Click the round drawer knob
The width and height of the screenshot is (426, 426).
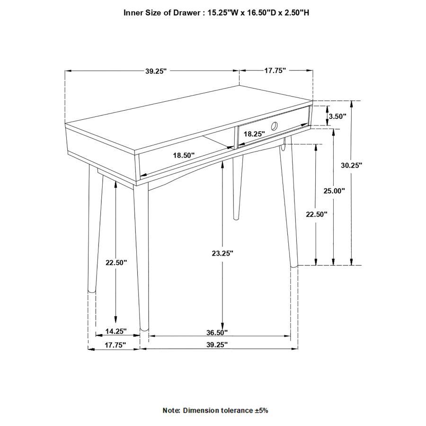point(274,125)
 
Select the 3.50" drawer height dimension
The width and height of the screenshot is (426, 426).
point(337,116)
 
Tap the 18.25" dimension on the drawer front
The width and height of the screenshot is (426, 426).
point(254,134)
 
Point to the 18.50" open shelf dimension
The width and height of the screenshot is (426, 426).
point(184,155)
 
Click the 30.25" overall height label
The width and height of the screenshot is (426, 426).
point(351,165)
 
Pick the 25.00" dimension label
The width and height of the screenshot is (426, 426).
point(334,191)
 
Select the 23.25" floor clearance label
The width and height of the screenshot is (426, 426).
point(223,254)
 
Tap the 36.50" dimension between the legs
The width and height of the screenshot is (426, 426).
point(217,332)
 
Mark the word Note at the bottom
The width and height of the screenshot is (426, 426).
point(171,410)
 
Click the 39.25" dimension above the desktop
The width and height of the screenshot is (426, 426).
point(157,71)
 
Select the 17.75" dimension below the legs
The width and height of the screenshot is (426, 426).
point(115,345)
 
